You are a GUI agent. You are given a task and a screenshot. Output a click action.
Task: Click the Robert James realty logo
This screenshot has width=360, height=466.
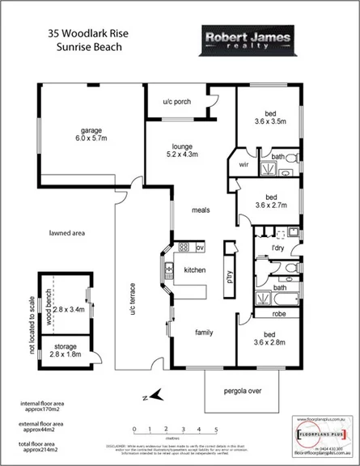[233, 41]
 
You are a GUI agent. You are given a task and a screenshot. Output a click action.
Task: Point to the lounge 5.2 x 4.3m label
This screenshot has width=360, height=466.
[182, 149]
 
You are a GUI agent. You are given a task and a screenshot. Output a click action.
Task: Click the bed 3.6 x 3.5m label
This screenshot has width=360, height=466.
[269, 118]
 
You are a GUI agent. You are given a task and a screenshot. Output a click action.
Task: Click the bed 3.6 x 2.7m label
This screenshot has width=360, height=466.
[270, 201]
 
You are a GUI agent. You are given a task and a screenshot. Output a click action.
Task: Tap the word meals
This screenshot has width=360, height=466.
[201, 210]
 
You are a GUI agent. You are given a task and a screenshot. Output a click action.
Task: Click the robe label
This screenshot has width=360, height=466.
[279, 313]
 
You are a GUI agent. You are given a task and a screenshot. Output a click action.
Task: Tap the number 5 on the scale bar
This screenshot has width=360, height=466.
[216, 430]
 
